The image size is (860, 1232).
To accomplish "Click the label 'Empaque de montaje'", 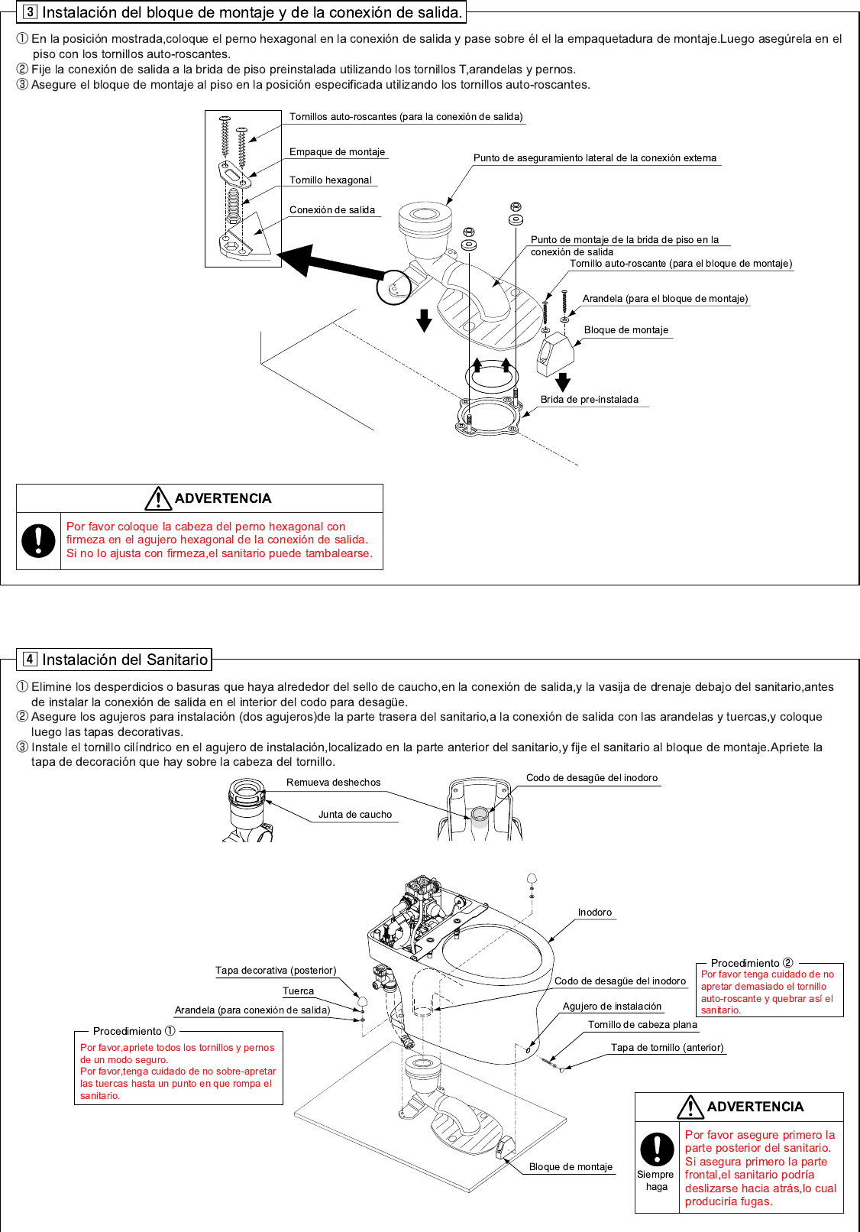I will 337,152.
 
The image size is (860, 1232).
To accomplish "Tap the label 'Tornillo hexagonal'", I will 330,180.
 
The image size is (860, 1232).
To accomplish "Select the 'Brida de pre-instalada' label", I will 589,400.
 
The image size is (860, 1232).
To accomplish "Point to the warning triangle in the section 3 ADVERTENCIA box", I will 158,498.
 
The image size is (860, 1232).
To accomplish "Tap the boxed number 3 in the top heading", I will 30,12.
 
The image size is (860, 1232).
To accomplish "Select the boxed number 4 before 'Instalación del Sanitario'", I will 30,660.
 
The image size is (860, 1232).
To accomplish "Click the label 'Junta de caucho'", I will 355,815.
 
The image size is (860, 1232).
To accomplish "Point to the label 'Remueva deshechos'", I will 333,783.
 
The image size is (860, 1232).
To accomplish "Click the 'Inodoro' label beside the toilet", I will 595,913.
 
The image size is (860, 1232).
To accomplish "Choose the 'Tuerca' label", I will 298,991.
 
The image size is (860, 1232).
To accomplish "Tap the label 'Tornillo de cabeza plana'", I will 642,1025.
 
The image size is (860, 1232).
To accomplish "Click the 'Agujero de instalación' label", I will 612,1007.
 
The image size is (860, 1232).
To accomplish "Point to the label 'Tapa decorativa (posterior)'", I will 276,971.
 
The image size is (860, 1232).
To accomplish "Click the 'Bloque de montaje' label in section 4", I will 571,1167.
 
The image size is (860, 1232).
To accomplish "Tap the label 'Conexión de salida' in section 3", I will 332,210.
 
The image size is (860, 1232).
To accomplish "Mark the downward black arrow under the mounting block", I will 563,381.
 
